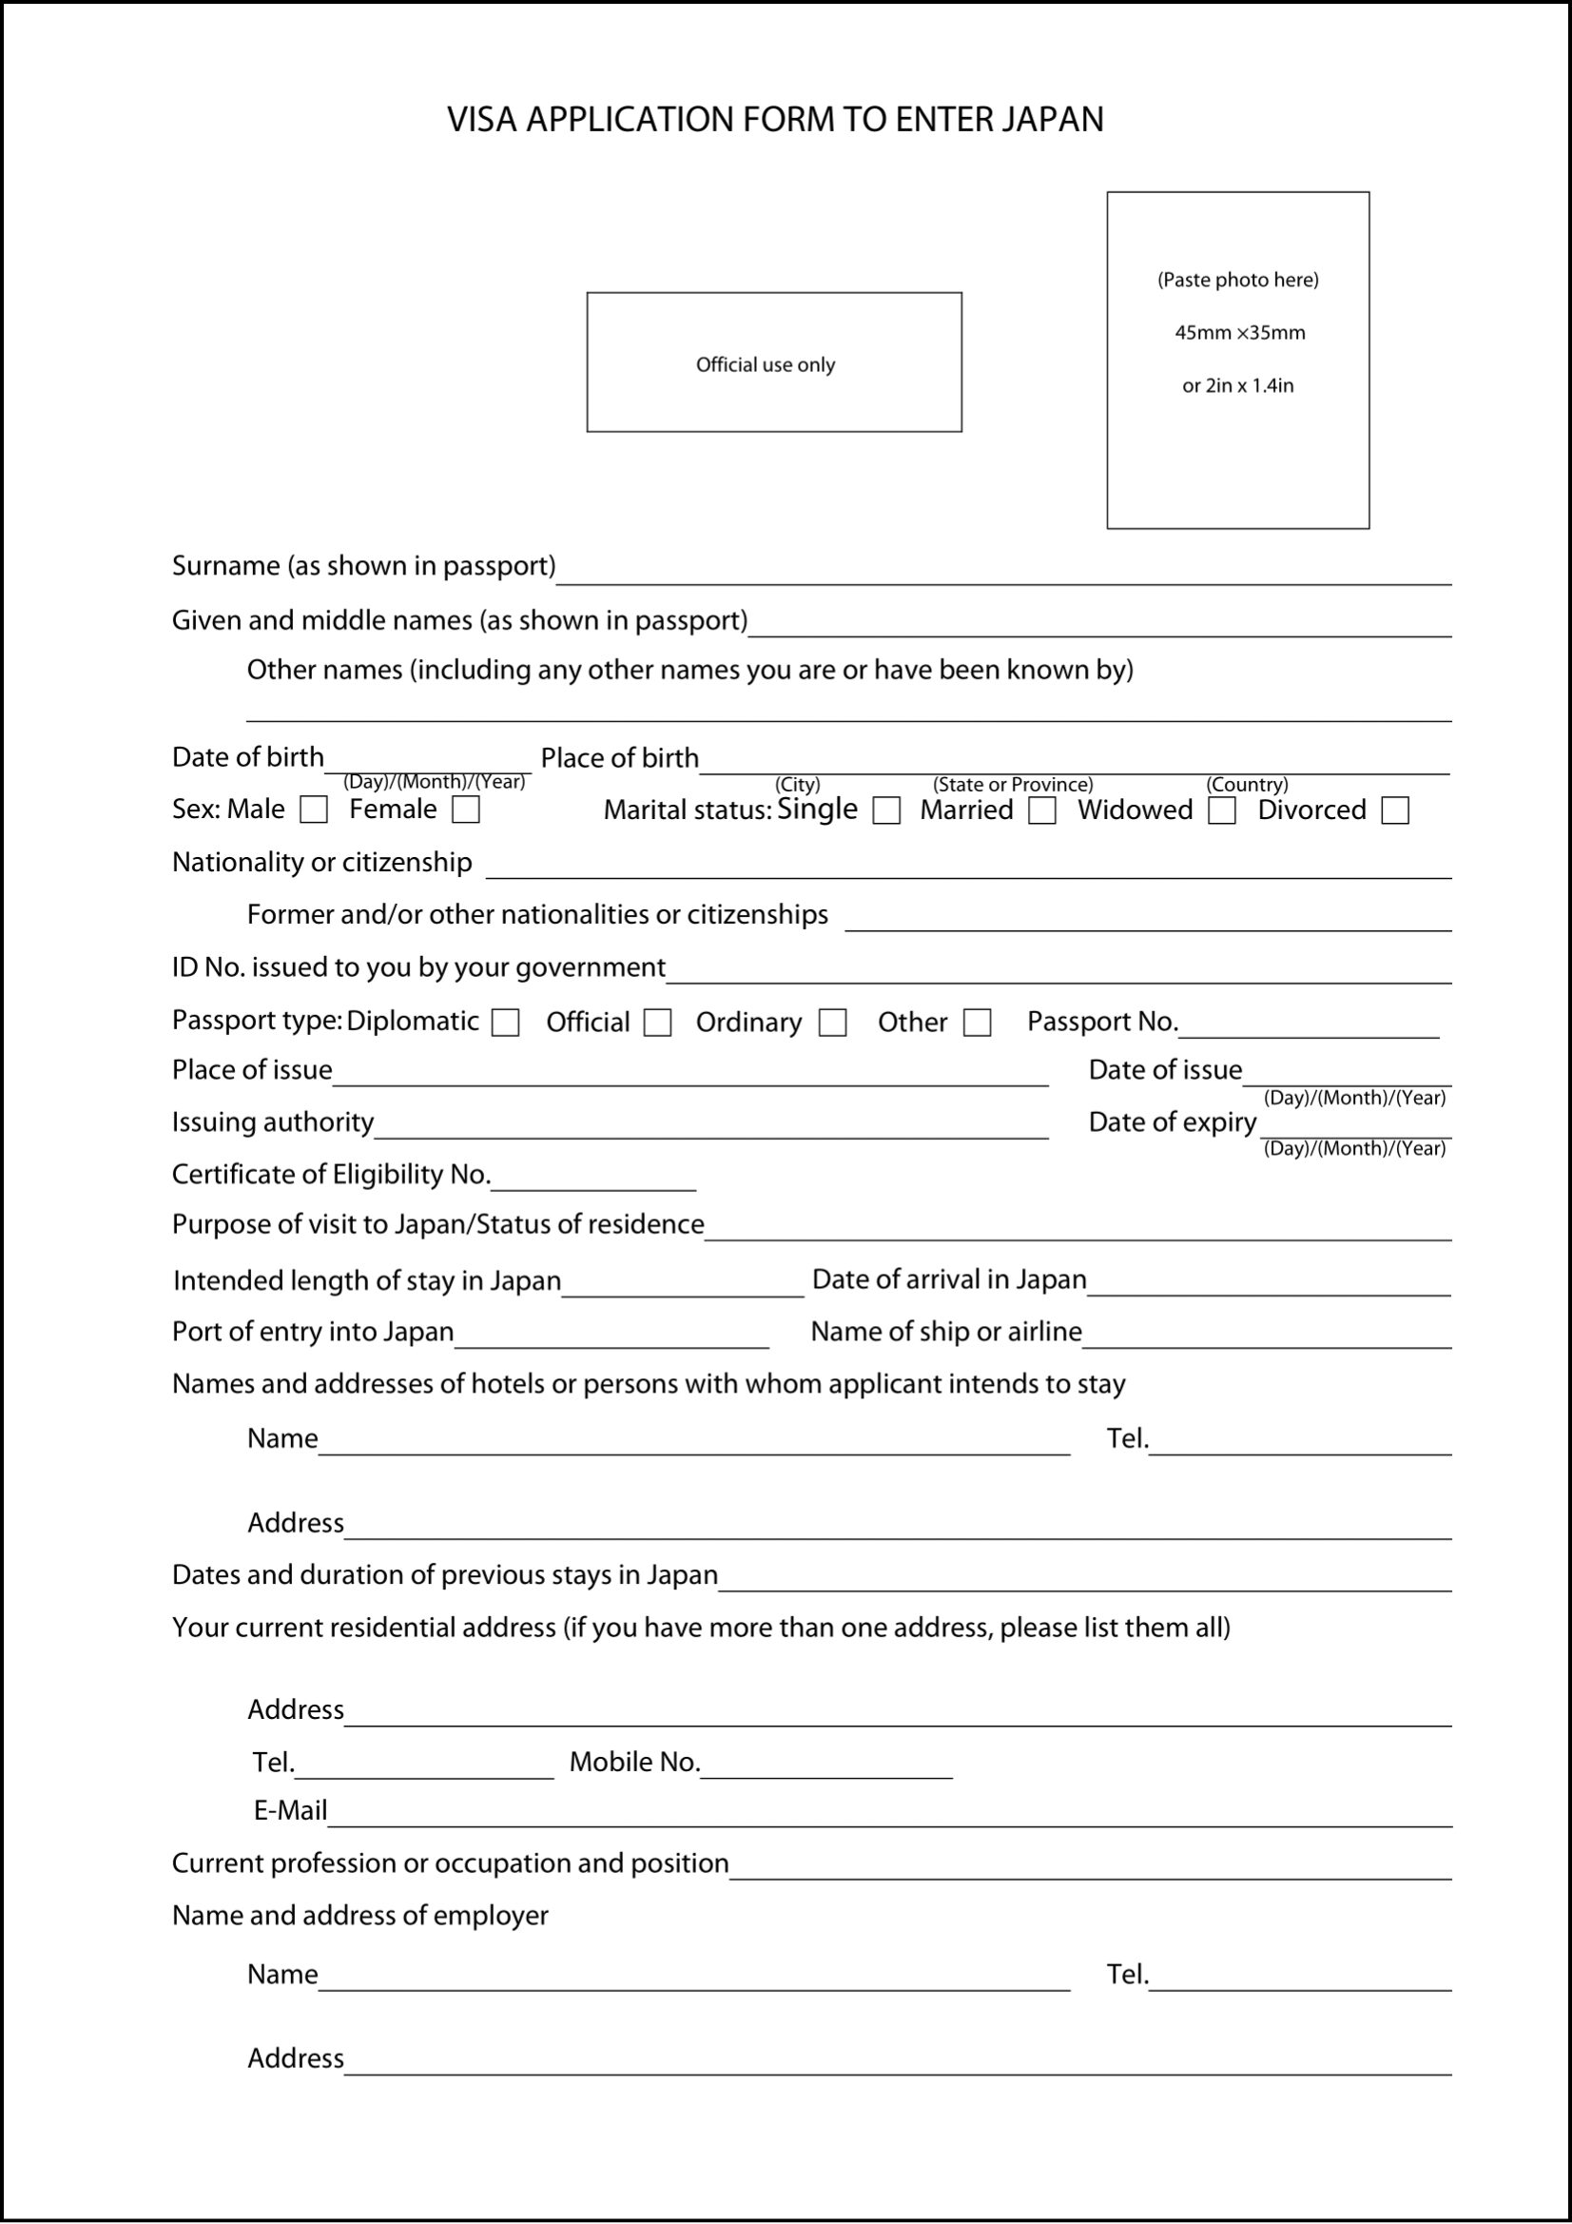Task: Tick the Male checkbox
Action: pos(314,810)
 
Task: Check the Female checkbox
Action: pos(466,810)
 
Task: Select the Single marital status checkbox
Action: pos(886,810)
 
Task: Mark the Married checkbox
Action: pos(1042,810)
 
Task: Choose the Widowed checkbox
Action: pos(1222,810)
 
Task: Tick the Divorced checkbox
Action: pos(1395,810)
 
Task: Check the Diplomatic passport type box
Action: pos(506,1023)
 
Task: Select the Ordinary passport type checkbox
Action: pos(833,1023)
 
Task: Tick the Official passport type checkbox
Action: pos(658,1023)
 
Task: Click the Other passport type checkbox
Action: pos(978,1023)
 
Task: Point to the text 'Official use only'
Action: pos(766,365)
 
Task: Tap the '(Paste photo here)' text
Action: pos(1238,280)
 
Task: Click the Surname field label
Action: pos(363,566)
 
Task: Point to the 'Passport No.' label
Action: pos(1102,1021)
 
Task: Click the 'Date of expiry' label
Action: pos(1172,1122)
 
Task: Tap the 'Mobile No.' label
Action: pos(634,1762)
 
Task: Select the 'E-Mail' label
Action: pos(290,1810)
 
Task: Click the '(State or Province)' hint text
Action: pos(1013,785)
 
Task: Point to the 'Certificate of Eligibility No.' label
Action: pos(331,1174)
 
